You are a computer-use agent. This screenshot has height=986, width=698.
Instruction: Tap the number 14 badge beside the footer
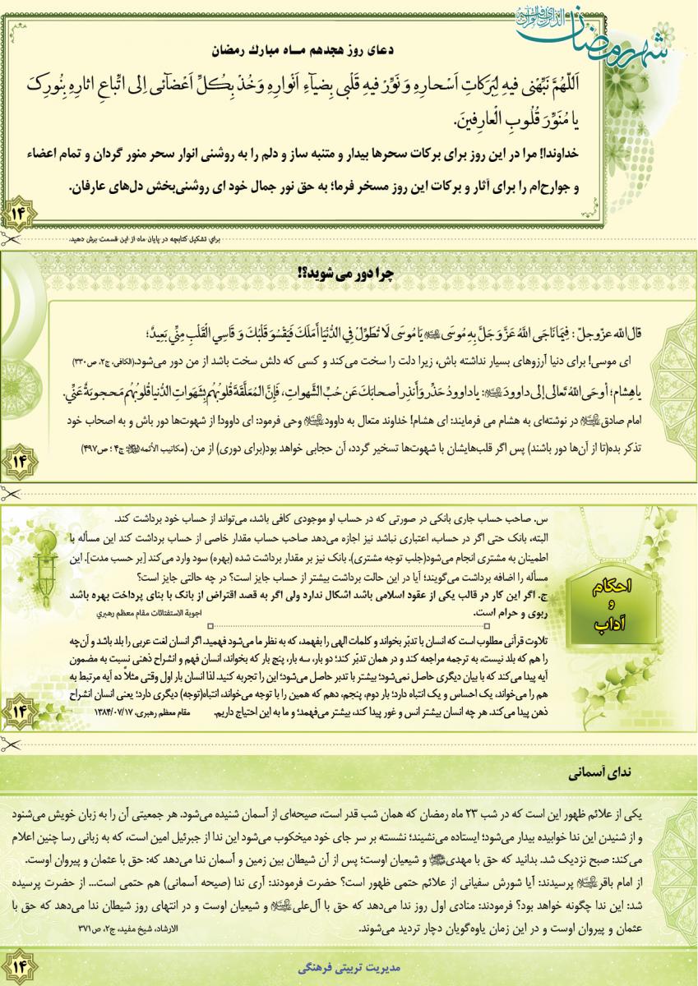tap(18, 963)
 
